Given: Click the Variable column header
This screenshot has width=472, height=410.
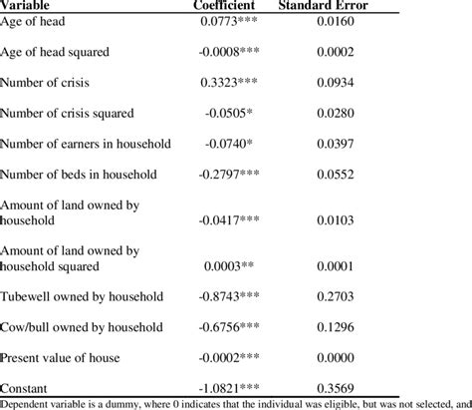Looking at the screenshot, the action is [x=29, y=5].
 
